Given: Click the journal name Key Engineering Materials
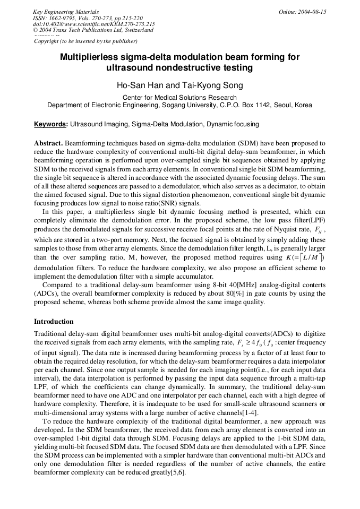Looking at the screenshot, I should (x=66, y=12).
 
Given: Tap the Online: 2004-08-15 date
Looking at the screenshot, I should (x=303, y=12).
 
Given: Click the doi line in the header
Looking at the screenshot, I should (x=93, y=24).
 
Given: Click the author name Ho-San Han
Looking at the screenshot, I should (x=139, y=85).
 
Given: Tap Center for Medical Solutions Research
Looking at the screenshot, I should (x=179, y=98).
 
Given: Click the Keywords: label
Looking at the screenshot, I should (x=51, y=124).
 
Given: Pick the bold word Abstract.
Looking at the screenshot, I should (x=48, y=144).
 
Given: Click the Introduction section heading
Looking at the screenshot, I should (x=54, y=322).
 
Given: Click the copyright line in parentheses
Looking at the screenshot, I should (x=85, y=41).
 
